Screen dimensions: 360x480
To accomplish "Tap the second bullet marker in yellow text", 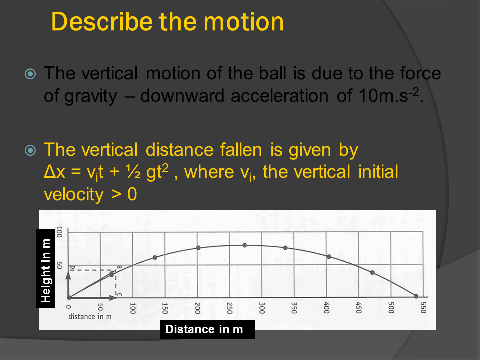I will [31, 150].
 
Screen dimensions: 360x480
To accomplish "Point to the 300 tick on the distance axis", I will [262, 308].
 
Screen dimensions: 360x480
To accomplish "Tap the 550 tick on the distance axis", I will [423, 308].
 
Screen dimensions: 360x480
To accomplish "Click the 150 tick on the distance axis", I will [165, 308].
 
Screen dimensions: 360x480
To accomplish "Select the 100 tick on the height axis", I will [58, 232].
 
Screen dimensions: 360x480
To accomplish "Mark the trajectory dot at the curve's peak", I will [245, 245].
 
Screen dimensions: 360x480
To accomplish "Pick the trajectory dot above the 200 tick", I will [198, 248].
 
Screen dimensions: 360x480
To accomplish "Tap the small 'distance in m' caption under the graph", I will [90, 316].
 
